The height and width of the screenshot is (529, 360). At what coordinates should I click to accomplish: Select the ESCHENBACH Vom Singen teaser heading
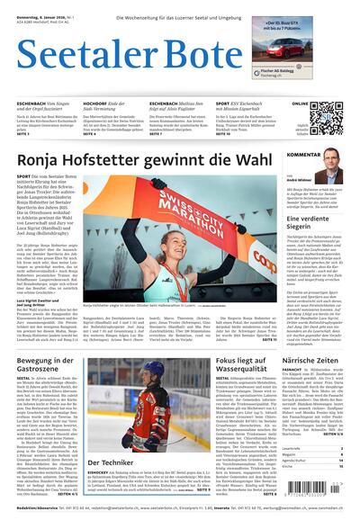coord(46,103)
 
